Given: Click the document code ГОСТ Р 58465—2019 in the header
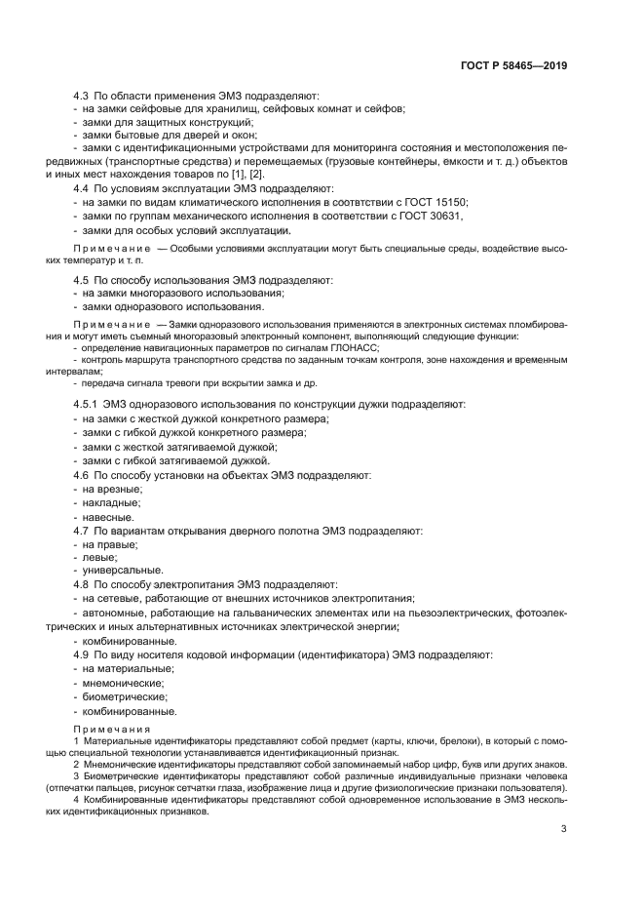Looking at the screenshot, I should pyautogui.click(x=513, y=66).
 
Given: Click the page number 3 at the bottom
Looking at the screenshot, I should pyautogui.click(x=563, y=829).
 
